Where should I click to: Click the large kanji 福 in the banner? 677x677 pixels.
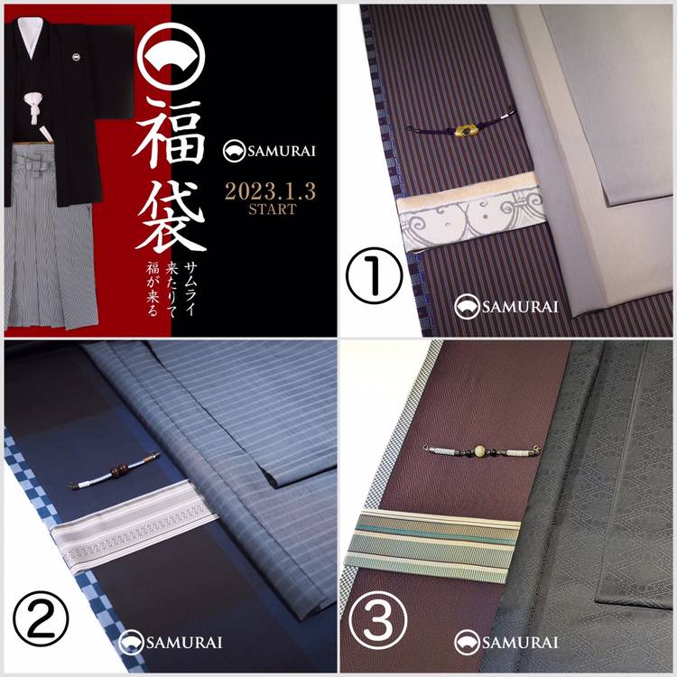[x=170, y=133]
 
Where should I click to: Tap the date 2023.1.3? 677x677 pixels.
[x=270, y=191]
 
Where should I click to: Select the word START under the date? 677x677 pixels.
[x=272, y=209]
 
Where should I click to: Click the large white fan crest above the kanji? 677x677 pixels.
[x=171, y=57]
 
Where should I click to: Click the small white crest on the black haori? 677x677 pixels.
[x=77, y=57]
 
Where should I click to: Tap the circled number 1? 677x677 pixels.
[x=374, y=275]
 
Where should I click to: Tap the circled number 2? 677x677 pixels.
[x=41, y=618]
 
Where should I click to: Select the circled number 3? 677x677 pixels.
[x=378, y=619]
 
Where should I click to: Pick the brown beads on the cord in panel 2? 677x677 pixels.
[x=118, y=468]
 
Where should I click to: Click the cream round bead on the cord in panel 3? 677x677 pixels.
[x=479, y=450]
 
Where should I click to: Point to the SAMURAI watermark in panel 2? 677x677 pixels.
[x=171, y=642]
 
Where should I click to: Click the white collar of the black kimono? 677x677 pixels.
[x=31, y=38]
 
